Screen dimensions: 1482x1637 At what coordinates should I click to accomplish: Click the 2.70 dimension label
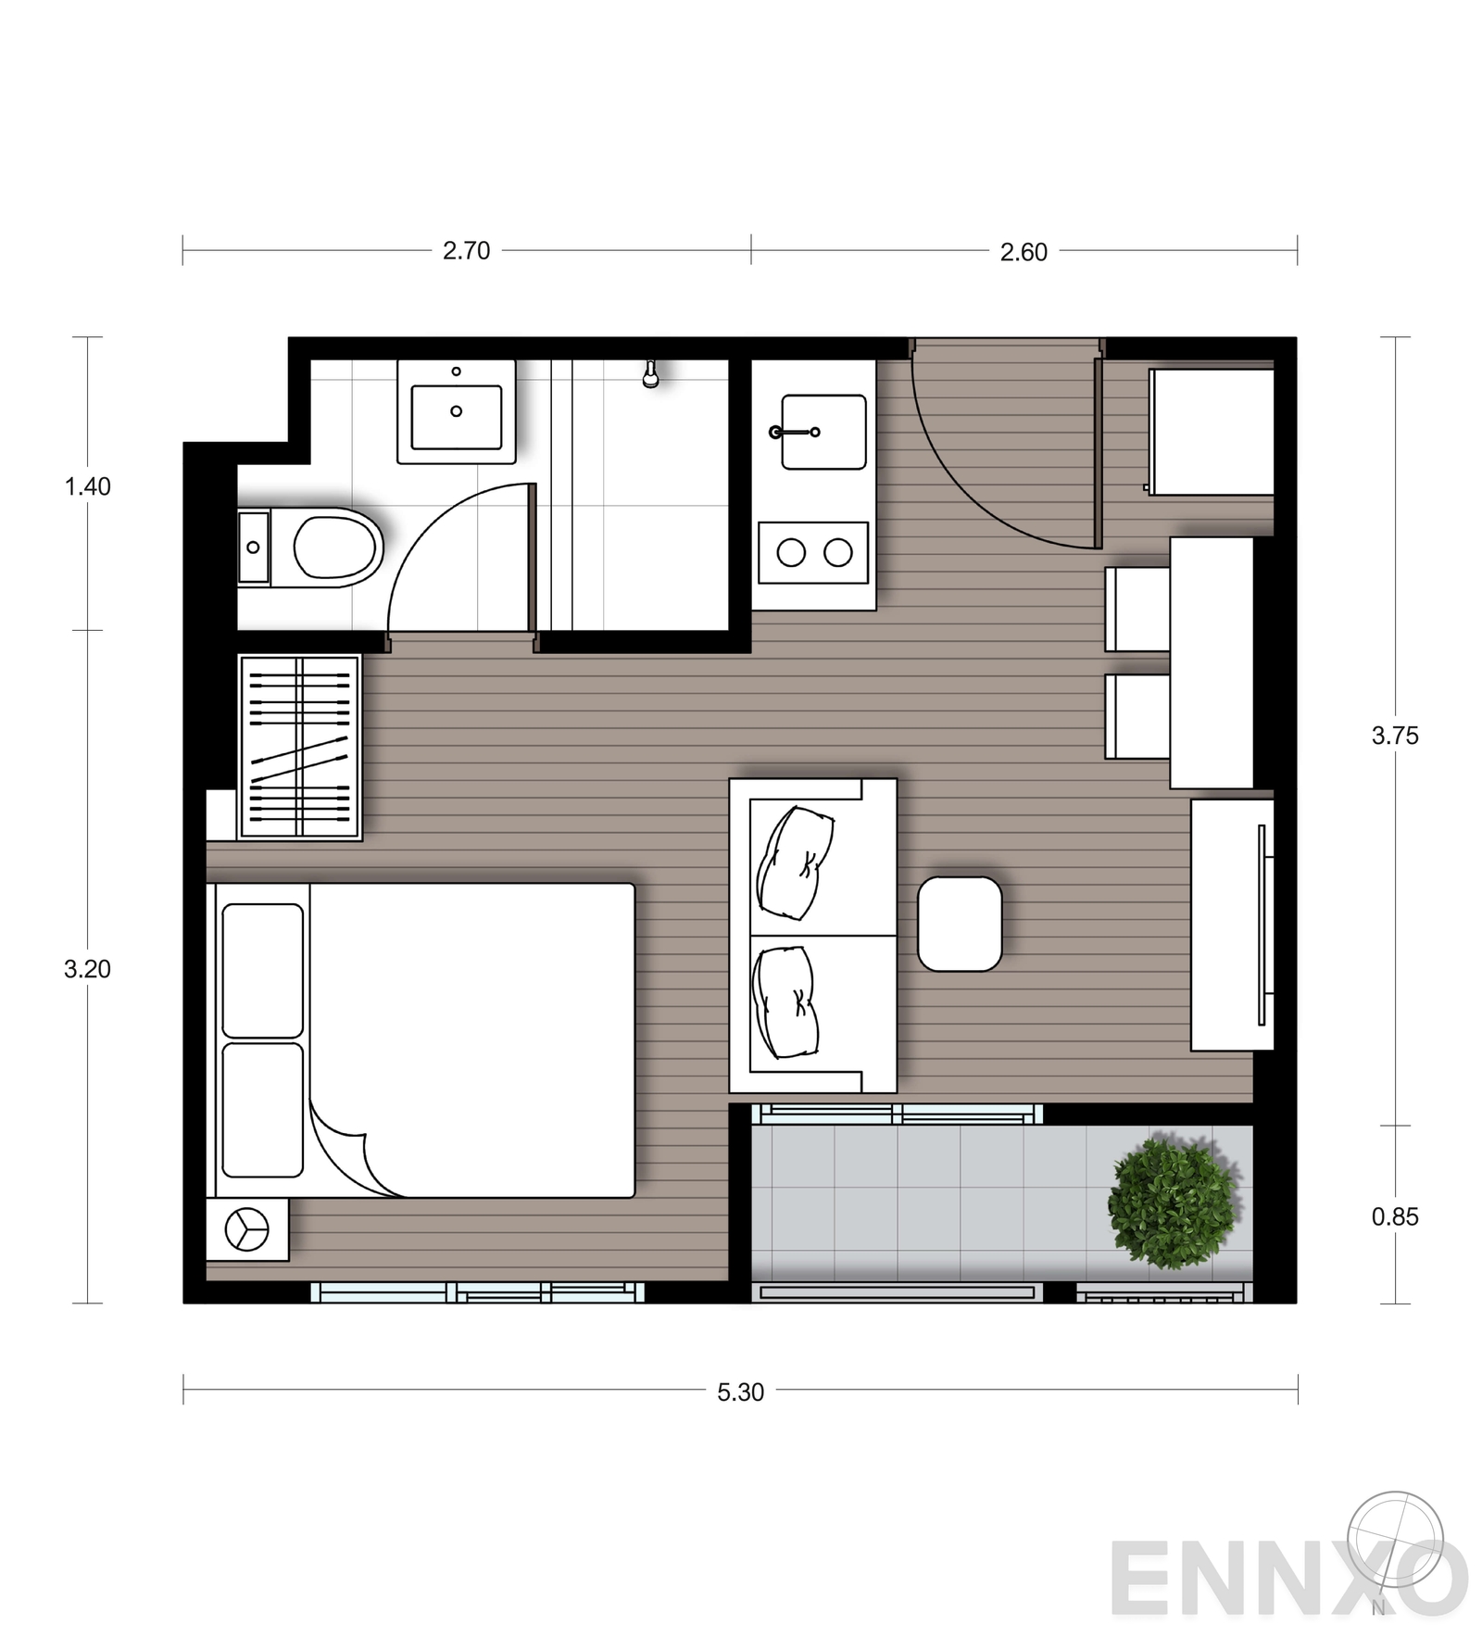tap(466, 251)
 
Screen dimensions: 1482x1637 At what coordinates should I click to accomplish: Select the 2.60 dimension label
tap(1024, 252)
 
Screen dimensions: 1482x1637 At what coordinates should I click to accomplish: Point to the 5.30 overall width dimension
tap(740, 1392)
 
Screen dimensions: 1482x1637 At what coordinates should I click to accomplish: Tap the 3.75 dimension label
tap(1395, 736)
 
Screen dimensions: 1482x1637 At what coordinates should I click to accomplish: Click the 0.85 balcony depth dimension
tap(1395, 1217)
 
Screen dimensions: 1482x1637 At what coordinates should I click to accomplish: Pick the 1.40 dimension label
tap(87, 486)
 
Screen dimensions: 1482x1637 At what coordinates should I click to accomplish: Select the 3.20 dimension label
tap(87, 969)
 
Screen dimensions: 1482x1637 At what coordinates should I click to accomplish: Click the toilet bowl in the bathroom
tap(310, 547)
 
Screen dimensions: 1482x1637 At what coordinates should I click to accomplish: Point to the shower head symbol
tap(651, 373)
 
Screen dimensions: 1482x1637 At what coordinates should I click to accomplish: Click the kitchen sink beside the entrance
tap(823, 432)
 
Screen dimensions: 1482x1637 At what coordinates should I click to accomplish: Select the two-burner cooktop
tap(814, 553)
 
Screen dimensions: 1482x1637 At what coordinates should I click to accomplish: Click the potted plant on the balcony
tap(1174, 1202)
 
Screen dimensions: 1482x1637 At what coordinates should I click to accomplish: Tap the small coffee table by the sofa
tap(960, 925)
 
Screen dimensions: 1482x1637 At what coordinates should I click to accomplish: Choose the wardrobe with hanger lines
tap(299, 748)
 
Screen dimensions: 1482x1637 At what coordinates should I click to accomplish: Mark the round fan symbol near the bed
tap(247, 1230)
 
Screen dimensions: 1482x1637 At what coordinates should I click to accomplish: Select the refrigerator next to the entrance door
tap(1212, 432)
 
